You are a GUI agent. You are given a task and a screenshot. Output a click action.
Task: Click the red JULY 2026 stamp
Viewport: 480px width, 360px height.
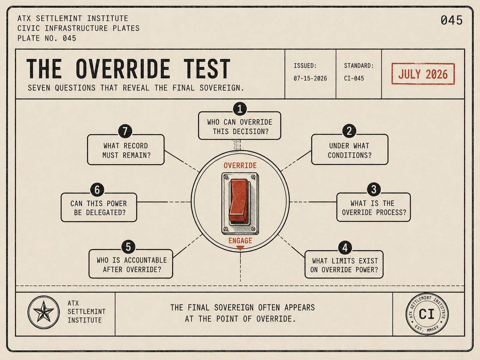click(x=423, y=74)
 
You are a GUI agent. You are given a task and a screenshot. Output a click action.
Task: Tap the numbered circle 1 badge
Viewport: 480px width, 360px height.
click(x=240, y=109)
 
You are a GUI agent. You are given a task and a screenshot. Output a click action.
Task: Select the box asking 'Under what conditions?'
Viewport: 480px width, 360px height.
click(x=350, y=150)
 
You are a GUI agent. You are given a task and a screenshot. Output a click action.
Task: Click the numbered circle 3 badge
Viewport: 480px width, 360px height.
click(x=374, y=189)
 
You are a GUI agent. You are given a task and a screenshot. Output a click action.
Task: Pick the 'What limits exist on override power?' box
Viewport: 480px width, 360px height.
click(x=344, y=265)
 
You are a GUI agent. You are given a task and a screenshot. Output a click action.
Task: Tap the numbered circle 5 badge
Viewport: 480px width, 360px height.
click(x=128, y=247)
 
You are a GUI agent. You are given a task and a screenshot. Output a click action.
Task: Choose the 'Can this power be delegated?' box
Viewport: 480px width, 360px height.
click(x=99, y=208)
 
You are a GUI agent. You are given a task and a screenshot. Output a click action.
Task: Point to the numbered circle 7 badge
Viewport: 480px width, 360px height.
click(x=125, y=131)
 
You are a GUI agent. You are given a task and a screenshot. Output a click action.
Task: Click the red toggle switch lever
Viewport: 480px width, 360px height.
click(x=239, y=201)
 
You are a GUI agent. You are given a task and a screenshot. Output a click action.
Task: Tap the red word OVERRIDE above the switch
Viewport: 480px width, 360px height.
click(x=240, y=165)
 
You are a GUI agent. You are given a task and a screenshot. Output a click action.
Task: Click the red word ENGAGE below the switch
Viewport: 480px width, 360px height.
click(x=240, y=241)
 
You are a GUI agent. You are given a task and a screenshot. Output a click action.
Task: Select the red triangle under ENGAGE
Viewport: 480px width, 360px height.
click(x=240, y=248)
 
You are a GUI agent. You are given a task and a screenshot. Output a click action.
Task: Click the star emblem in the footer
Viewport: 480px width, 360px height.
click(x=43, y=312)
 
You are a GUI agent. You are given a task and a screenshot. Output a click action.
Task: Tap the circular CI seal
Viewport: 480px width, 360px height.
click(x=427, y=314)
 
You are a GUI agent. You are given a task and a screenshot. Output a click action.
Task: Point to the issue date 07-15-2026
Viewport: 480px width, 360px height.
click(x=310, y=79)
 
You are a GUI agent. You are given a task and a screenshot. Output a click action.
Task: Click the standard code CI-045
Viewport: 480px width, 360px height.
click(x=354, y=79)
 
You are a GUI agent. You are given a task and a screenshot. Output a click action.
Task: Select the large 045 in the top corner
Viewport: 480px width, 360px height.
click(x=451, y=20)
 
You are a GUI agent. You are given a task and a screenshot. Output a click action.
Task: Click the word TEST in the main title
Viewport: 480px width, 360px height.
click(x=207, y=69)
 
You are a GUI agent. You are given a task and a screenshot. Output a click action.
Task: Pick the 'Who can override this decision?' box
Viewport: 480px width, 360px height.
click(x=239, y=126)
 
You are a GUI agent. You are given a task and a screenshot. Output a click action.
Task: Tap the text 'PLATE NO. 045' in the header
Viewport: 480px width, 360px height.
click(x=47, y=38)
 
